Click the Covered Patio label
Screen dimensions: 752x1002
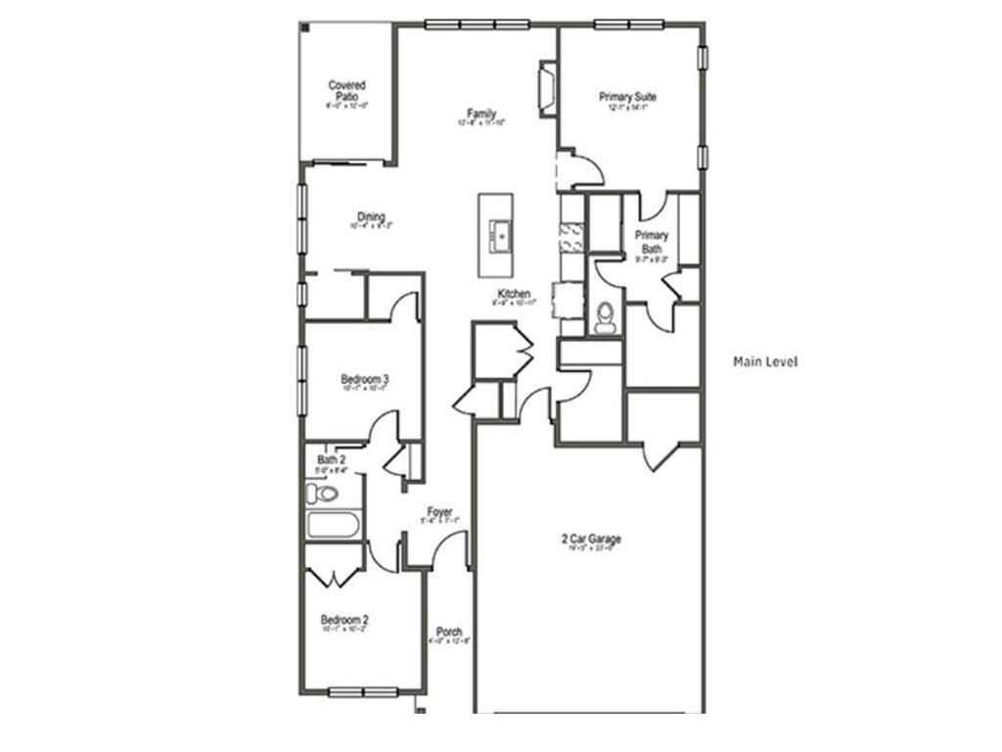point(346,91)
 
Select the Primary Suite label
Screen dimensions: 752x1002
point(627,98)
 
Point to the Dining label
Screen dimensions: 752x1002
point(371,217)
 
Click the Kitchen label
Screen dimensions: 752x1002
point(514,295)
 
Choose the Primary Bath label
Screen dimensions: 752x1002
point(652,242)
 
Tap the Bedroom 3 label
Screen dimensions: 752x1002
point(365,380)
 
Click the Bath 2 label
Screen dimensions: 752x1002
point(331,459)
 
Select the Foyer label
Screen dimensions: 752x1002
point(439,512)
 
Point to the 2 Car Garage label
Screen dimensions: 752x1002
point(591,540)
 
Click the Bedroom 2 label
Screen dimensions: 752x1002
point(344,620)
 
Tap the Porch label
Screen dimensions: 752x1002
point(449,633)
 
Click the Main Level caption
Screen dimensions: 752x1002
point(765,362)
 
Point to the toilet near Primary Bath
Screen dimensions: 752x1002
point(606,316)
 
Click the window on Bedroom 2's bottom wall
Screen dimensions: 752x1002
point(362,692)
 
